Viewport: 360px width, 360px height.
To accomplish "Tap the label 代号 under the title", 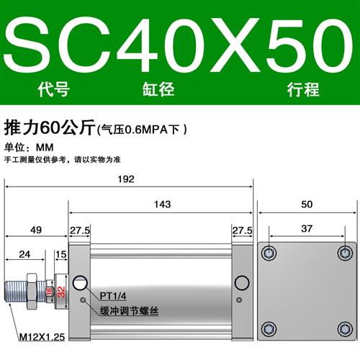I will pos(50,91).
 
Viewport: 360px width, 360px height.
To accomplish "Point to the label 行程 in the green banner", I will pos(302,91).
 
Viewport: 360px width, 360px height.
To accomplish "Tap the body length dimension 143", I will pos(161,204).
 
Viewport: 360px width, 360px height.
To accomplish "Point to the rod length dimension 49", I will pos(36,230).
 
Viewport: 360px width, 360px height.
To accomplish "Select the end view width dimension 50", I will pos(307,204).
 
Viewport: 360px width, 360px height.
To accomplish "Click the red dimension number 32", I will pos(61,292).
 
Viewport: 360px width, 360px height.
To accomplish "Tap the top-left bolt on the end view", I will pos(269,253).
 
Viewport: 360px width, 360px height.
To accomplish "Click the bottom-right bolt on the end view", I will pos(346,328).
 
